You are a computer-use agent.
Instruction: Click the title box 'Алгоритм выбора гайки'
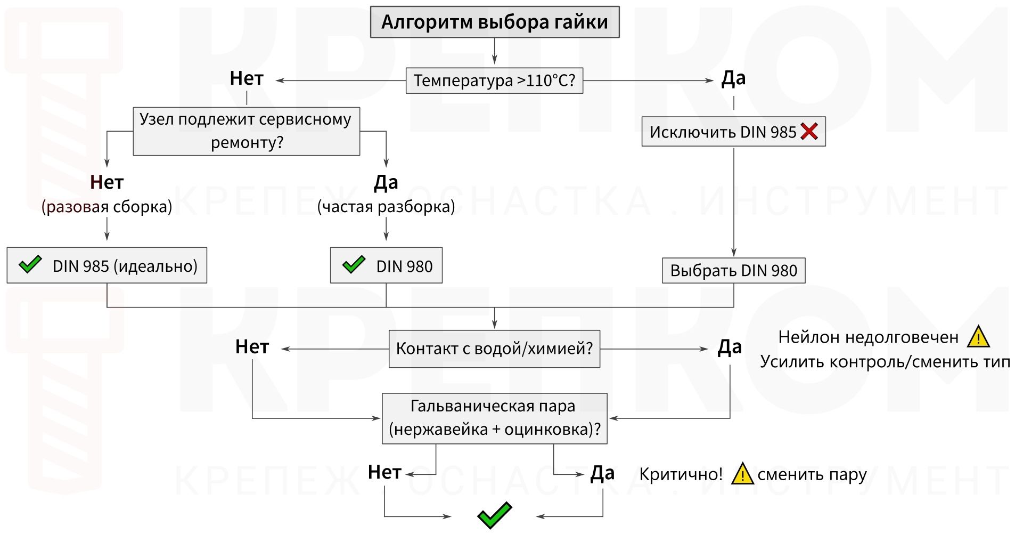(494, 22)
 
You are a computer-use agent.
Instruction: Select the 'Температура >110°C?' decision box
(494, 80)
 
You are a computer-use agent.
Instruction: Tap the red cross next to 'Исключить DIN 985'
(809, 131)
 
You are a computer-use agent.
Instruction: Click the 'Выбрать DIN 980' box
(733, 271)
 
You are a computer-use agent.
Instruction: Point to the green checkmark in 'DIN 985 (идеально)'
(30, 264)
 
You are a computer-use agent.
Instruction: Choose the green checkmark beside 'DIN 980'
(354, 264)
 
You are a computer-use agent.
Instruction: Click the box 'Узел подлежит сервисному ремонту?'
(246, 131)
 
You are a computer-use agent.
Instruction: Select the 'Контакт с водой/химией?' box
(494, 349)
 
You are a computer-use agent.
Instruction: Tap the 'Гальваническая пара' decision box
(494, 418)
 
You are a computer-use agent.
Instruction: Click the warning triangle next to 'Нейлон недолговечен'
(978, 337)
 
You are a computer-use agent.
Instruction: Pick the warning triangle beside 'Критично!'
(742, 474)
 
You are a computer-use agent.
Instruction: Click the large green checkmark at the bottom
(494, 515)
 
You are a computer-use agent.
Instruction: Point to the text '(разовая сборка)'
(107, 207)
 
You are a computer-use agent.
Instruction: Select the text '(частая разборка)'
(386, 207)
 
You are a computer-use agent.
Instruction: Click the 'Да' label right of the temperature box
(733, 79)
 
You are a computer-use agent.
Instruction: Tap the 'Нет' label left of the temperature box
(247, 79)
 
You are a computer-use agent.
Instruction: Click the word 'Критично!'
(681, 474)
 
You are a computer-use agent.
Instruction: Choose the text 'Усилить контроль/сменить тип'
(885, 362)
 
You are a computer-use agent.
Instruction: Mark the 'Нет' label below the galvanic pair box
(384, 472)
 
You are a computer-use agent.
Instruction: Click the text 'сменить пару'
(812, 474)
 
